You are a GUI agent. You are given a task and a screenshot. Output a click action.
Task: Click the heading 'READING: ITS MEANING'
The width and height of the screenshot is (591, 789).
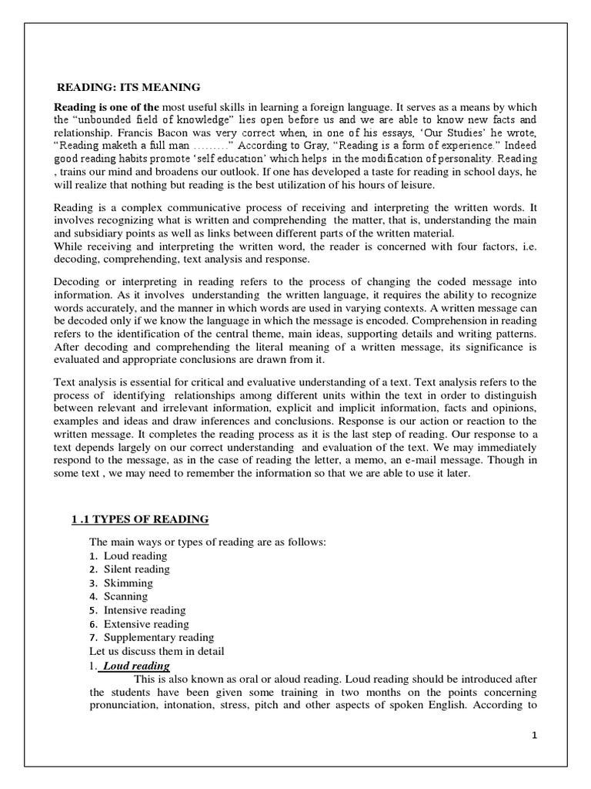click(130, 87)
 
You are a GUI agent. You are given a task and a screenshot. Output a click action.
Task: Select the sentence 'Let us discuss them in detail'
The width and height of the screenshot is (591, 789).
click(157, 652)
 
